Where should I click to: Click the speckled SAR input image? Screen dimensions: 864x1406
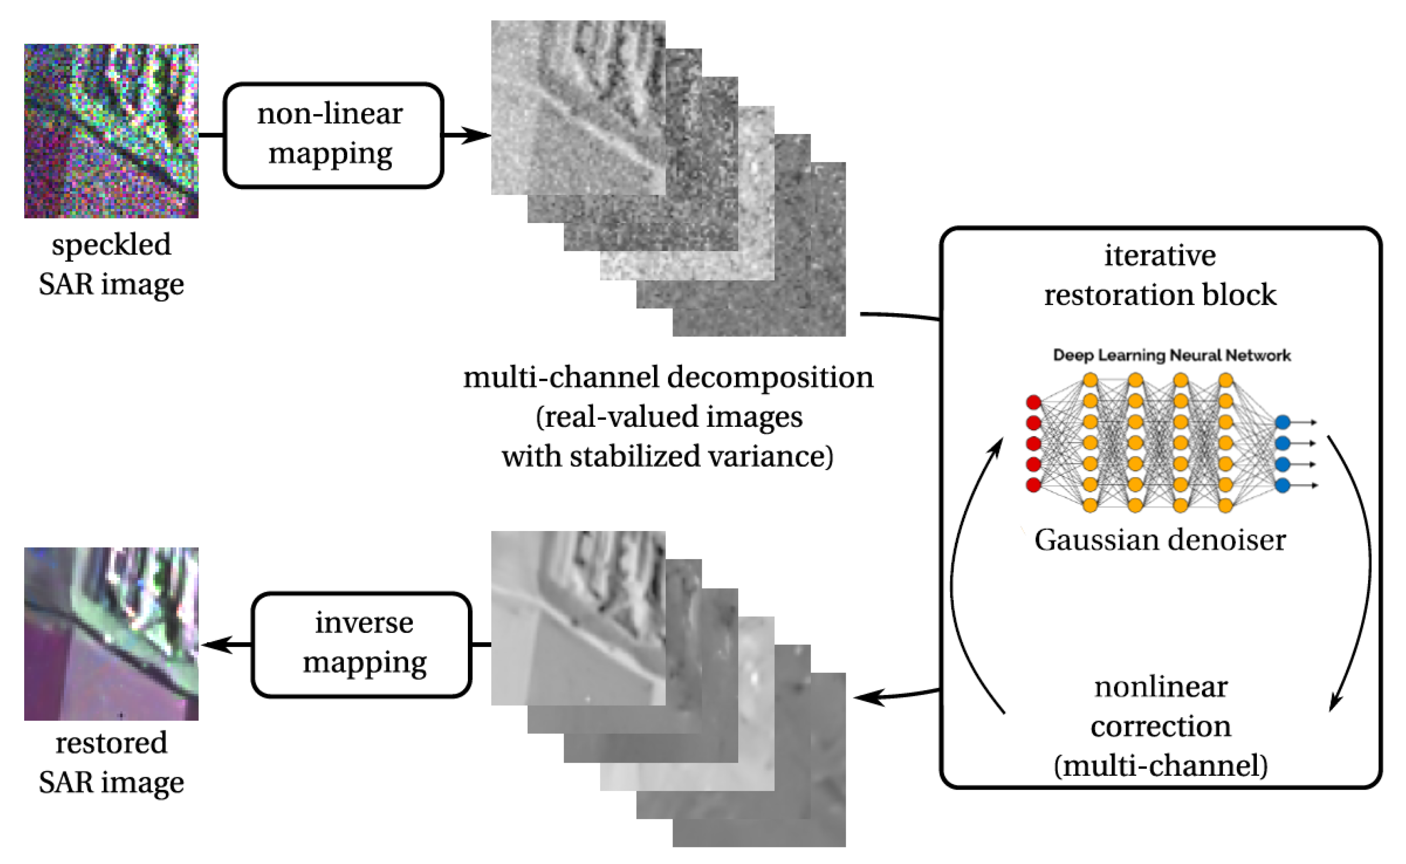pos(111,130)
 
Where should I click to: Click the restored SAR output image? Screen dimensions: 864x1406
pos(111,633)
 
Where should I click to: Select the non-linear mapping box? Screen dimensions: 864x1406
pos(333,135)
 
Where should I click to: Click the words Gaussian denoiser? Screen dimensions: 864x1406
pos(1159,540)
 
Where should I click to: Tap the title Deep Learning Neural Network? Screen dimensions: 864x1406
pos(1171,355)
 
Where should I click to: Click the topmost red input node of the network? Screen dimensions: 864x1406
pos(1033,402)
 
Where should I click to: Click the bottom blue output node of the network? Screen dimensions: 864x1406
pos(1282,485)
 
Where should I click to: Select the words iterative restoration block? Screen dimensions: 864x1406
pos(1160,275)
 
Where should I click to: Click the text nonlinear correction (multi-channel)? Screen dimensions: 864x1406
pos(1160,726)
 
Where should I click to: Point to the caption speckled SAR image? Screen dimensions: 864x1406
pos(111,264)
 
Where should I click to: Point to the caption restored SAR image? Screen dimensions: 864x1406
pos(111,762)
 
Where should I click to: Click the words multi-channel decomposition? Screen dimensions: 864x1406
pos(668,377)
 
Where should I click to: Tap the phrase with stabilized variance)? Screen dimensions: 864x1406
pos(668,457)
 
